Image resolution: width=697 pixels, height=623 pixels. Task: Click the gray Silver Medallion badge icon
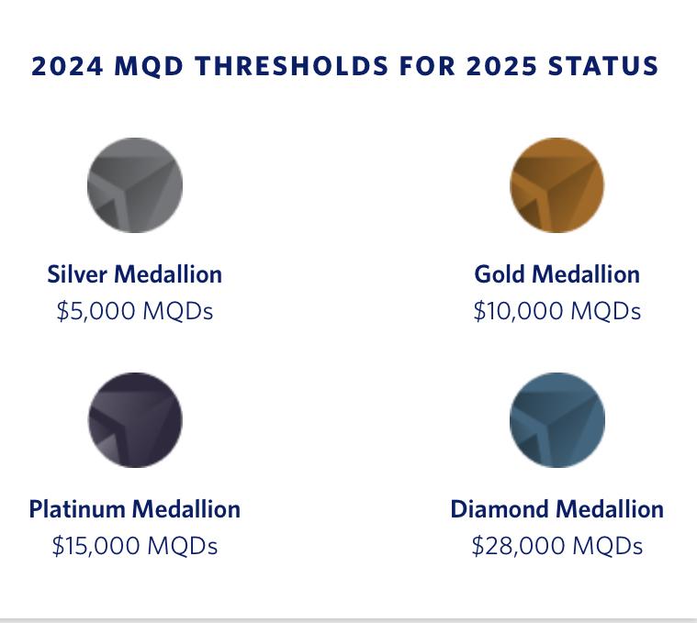pyautogui.click(x=135, y=185)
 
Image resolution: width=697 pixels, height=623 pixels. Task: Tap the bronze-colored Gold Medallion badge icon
pyautogui.click(x=556, y=185)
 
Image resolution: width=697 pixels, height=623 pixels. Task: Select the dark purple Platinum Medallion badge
pyautogui.click(x=135, y=420)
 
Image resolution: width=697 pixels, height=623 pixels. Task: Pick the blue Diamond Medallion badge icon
pyautogui.click(x=557, y=420)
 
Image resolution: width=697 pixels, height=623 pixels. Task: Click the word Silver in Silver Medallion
pyautogui.click(x=77, y=274)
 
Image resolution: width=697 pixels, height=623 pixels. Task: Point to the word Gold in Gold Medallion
pyautogui.click(x=500, y=274)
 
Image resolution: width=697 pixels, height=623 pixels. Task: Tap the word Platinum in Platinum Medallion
pyautogui.click(x=77, y=509)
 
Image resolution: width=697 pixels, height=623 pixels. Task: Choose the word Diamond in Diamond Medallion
pyautogui.click(x=500, y=509)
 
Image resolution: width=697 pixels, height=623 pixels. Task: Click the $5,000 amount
pyautogui.click(x=96, y=311)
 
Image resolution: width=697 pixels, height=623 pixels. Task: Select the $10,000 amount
pyautogui.click(x=518, y=311)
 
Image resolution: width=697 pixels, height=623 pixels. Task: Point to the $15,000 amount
pyautogui.click(x=96, y=546)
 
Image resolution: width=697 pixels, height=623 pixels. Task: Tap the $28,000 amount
pyautogui.click(x=518, y=546)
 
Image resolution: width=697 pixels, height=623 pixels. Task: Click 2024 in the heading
pyautogui.click(x=67, y=66)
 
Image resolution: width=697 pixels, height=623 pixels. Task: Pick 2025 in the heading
pyautogui.click(x=501, y=66)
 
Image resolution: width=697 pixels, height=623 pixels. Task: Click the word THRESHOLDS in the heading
pyautogui.click(x=292, y=66)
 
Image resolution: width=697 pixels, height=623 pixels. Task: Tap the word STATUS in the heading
pyautogui.click(x=603, y=66)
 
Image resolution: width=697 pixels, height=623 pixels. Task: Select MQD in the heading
pyautogui.click(x=149, y=66)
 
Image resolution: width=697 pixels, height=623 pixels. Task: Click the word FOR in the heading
pyautogui.click(x=427, y=66)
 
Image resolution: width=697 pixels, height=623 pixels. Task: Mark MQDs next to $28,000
pyautogui.click(x=608, y=546)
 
